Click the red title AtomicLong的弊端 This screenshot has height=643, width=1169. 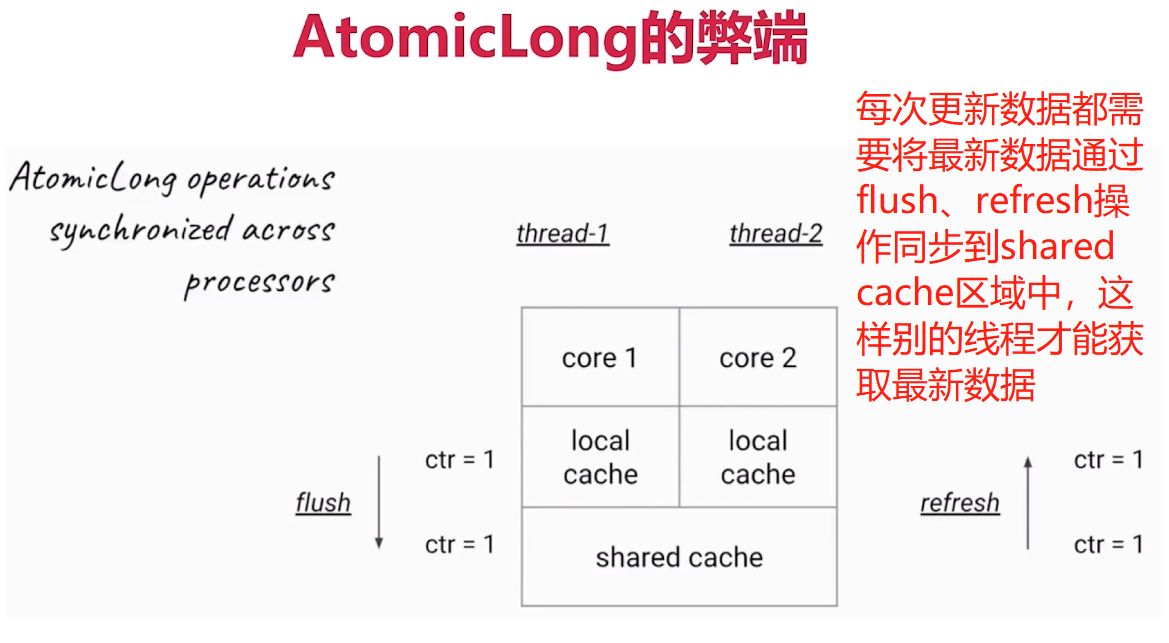click(550, 40)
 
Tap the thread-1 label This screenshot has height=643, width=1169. click(563, 234)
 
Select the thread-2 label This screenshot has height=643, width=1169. click(776, 234)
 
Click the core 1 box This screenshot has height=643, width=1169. click(600, 358)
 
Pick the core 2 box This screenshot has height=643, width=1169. click(758, 358)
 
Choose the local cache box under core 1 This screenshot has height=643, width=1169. click(600, 457)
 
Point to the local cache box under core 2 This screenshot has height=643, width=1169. click(758, 457)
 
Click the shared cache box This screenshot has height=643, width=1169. click(679, 557)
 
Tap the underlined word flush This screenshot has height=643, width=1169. click(323, 502)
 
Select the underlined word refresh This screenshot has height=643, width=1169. click(960, 502)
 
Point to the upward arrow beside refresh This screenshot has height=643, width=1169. click(1028, 502)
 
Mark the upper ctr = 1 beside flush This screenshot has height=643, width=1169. click(460, 460)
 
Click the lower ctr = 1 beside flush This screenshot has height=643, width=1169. click(460, 545)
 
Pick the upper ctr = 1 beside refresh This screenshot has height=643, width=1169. click(1108, 460)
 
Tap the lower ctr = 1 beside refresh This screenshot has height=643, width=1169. click(1108, 545)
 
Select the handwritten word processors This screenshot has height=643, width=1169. click(258, 282)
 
